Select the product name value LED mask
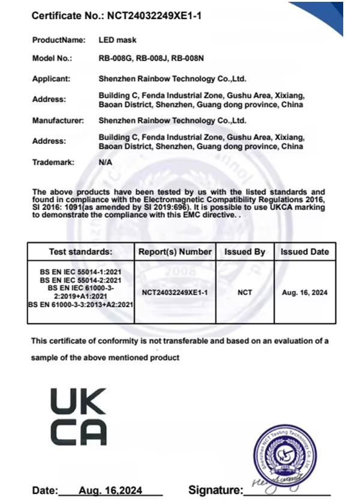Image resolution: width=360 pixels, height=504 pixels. click(x=117, y=40)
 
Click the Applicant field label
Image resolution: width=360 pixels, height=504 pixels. click(x=51, y=78)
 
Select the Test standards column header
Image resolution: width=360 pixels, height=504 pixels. click(x=80, y=252)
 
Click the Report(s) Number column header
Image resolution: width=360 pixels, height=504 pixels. click(x=175, y=252)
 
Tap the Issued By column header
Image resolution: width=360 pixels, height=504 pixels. click(x=245, y=252)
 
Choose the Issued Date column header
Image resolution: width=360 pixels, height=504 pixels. click(x=304, y=252)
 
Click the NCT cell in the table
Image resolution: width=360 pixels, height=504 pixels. click(x=245, y=293)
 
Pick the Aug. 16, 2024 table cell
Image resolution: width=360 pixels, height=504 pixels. click(x=304, y=293)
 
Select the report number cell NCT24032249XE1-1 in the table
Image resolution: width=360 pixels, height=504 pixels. click(x=175, y=293)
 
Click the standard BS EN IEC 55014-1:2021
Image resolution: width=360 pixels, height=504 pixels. click(x=80, y=272)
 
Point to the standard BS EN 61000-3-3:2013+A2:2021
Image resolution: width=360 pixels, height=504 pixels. click(x=80, y=305)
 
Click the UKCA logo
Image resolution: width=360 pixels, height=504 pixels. click(x=79, y=416)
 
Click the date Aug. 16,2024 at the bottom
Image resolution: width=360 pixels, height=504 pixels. click(x=110, y=491)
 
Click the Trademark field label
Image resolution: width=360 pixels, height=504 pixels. click(x=53, y=162)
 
